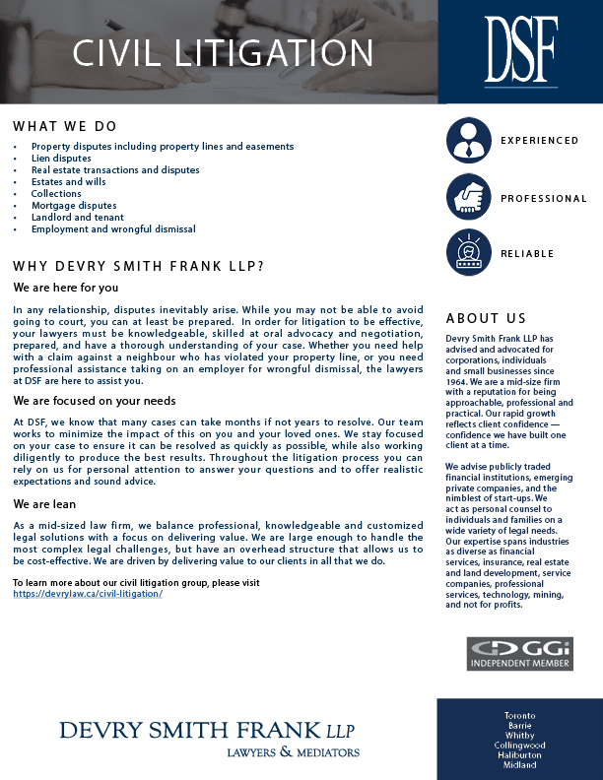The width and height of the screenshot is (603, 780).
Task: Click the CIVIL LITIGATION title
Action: coord(224,52)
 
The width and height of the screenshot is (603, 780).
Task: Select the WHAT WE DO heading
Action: coord(65,127)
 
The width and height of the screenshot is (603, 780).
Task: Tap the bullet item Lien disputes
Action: coord(61,159)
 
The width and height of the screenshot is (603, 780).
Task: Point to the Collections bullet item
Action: coord(56,194)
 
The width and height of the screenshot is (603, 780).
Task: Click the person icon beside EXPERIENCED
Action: coord(469,140)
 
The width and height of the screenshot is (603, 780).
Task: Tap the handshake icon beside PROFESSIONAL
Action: coord(469,197)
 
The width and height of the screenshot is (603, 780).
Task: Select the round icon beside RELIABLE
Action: coord(469,253)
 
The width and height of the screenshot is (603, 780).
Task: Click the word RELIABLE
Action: coord(527,254)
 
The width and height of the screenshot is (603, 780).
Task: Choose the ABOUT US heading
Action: coord(486,319)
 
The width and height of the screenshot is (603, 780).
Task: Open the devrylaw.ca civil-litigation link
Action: coord(88,595)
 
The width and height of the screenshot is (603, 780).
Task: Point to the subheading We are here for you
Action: coord(66,288)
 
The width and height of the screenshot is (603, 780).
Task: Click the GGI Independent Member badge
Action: coord(519,654)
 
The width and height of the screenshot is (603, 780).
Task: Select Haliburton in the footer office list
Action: coord(520,755)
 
